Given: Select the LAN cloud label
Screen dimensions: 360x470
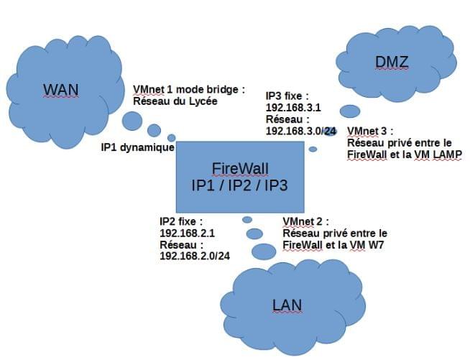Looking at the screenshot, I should [287, 305].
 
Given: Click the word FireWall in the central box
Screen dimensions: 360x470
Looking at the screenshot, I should [240, 169].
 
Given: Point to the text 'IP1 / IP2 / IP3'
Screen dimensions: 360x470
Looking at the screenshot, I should [240, 185].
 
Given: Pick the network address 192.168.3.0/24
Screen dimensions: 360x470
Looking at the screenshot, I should [300, 131].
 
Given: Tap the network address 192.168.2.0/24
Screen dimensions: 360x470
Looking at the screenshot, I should [194, 256].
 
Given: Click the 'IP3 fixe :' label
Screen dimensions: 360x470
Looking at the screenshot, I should [287, 96].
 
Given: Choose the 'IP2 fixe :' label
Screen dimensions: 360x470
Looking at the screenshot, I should [181, 222].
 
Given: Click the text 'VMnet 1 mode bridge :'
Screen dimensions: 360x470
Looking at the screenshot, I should [189, 90].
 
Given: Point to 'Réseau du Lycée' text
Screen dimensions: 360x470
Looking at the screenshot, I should [175, 101].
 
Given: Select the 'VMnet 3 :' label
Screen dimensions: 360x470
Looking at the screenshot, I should [371, 131].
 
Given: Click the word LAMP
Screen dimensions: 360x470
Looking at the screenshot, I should [446, 154].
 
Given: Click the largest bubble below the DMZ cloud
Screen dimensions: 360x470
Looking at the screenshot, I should [350, 111].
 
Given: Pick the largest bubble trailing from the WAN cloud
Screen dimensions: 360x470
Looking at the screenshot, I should [132, 121].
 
